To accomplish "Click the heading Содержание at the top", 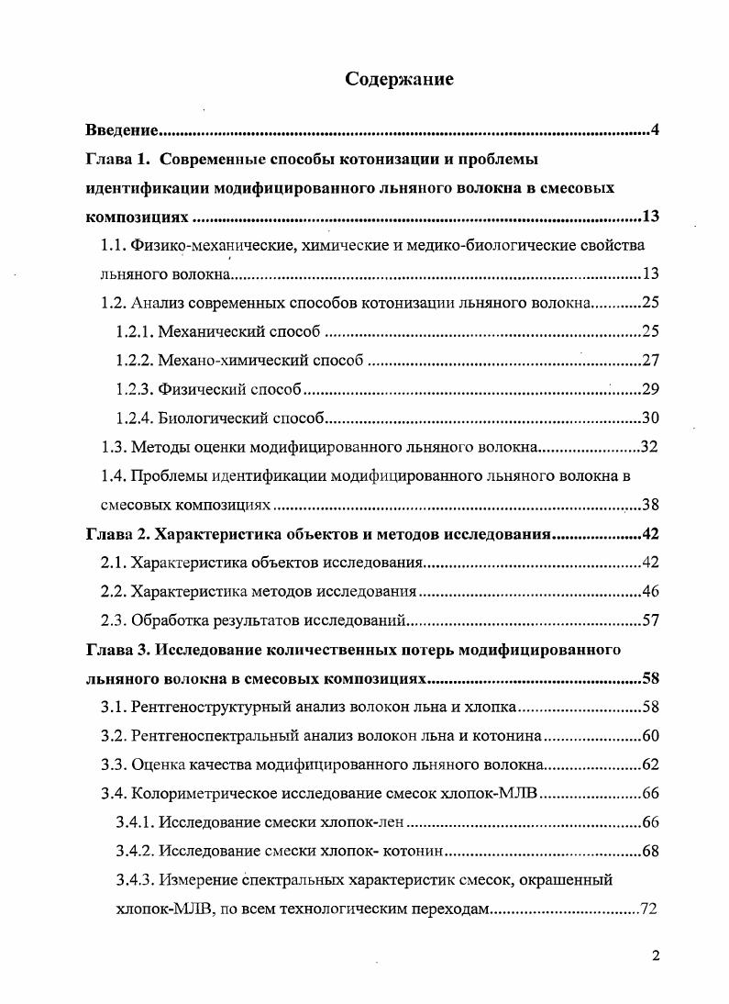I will point(399,79).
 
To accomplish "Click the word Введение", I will point(124,129).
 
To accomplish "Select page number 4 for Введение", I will point(655,129).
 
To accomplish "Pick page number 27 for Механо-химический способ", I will point(650,361).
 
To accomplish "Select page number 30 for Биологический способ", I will point(650,418).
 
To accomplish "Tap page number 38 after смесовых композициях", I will point(650,506).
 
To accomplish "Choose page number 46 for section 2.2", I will point(650,592).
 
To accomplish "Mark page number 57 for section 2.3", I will point(650,621).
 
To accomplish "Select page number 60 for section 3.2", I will point(650,736).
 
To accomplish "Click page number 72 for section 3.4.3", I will point(650,910).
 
